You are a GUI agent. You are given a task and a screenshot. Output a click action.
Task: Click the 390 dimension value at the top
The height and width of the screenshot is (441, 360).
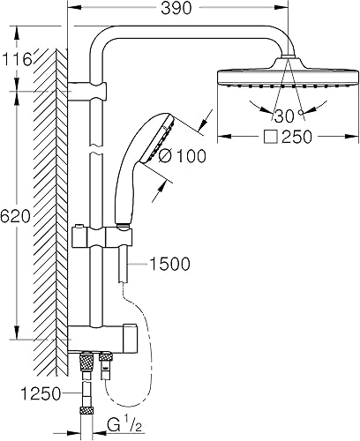[176, 8]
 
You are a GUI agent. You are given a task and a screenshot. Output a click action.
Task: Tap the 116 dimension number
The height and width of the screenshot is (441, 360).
[17, 60]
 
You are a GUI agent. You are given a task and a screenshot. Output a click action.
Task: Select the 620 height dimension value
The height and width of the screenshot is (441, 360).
[15, 217]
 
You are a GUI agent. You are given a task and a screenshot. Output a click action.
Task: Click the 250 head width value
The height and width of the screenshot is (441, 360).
[296, 137]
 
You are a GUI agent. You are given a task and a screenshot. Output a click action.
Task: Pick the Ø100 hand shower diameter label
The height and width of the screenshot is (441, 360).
[183, 155]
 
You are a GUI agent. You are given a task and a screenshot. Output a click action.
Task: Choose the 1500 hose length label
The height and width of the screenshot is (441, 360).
[170, 264]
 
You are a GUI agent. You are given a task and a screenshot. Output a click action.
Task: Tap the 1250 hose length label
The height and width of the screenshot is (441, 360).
[41, 393]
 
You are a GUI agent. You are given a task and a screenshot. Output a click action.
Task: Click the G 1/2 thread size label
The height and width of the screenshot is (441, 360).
[124, 425]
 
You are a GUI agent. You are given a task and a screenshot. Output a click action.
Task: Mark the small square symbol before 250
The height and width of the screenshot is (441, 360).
[270, 137]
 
